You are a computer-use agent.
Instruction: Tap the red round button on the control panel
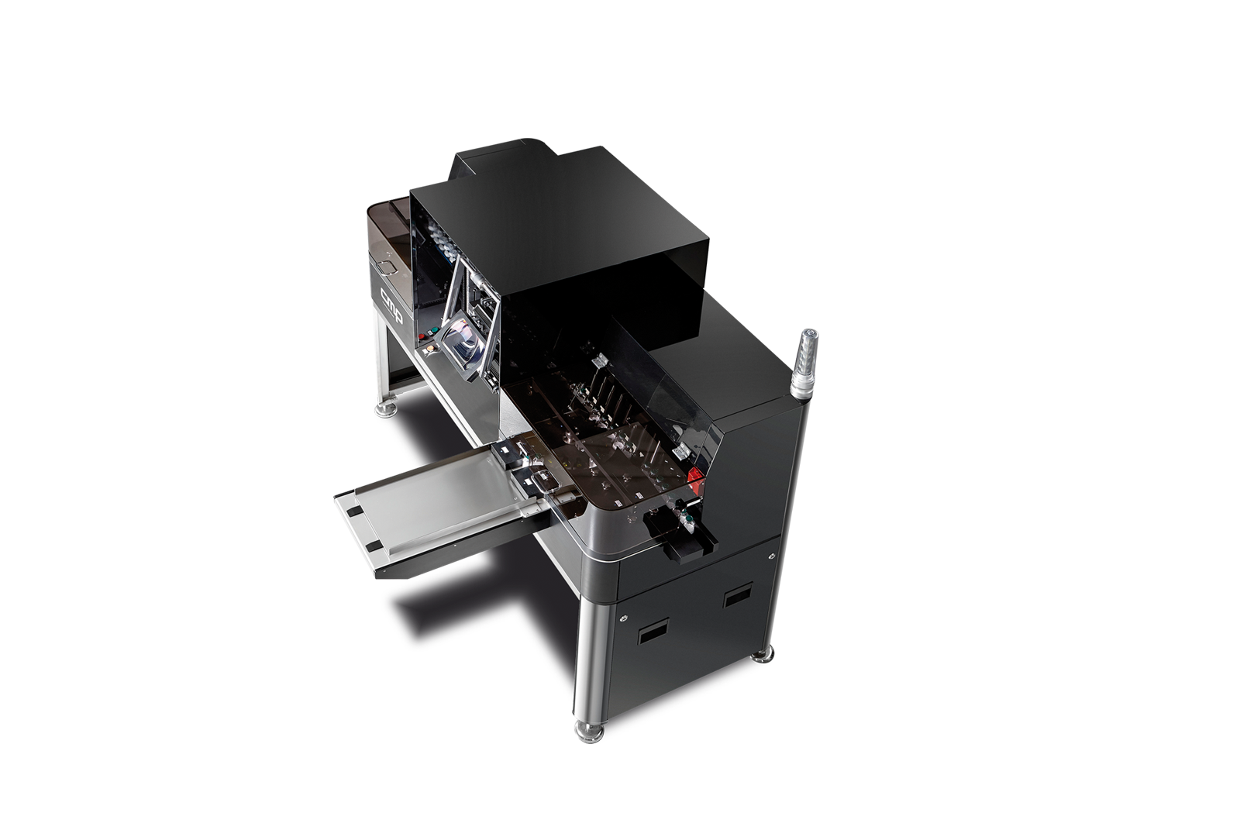click(423, 336)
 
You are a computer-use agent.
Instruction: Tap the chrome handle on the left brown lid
click(387, 267)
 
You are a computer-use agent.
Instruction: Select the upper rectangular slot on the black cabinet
click(737, 597)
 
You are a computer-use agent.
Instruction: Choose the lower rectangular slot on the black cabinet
click(653, 632)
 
